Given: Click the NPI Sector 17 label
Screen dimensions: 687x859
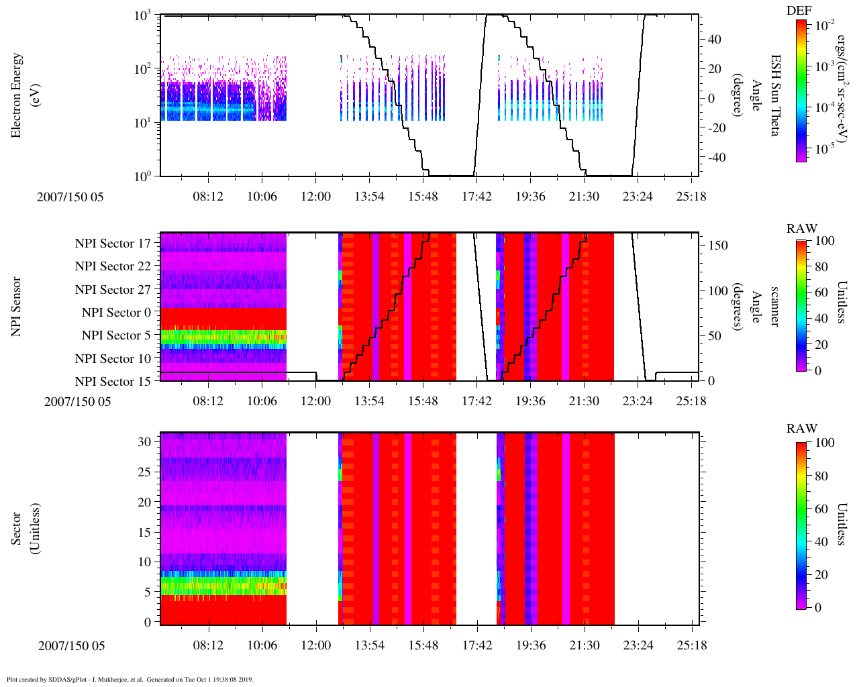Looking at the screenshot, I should click(113, 244).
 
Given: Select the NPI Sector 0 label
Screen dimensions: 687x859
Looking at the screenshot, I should click(116, 313).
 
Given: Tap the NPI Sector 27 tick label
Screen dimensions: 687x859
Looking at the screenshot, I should click(113, 290).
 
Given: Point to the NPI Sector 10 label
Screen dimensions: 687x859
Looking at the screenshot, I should click(113, 359).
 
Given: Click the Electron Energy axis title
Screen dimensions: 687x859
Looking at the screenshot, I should click(23, 95).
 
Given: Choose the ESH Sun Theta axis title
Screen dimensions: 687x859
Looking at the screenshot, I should click(774, 95).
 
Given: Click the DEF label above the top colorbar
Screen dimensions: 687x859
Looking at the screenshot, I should click(799, 10).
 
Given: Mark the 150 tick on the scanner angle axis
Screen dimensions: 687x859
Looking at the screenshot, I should click(718, 246).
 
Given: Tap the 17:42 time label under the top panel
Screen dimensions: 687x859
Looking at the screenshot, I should click(476, 197).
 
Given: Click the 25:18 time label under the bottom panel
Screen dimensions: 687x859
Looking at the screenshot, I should click(691, 645).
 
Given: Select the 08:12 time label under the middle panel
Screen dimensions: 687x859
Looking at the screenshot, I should click(208, 401).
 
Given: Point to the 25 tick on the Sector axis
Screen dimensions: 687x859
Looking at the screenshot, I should click(144, 472).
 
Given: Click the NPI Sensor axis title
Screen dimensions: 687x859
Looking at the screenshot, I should click(16, 307).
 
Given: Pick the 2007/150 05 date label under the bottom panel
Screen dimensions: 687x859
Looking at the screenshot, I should click(71, 646).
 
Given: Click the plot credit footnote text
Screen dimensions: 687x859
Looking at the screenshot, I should click(130, 679).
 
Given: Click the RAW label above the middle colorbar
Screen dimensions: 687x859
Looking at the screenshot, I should click(802, 229).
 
